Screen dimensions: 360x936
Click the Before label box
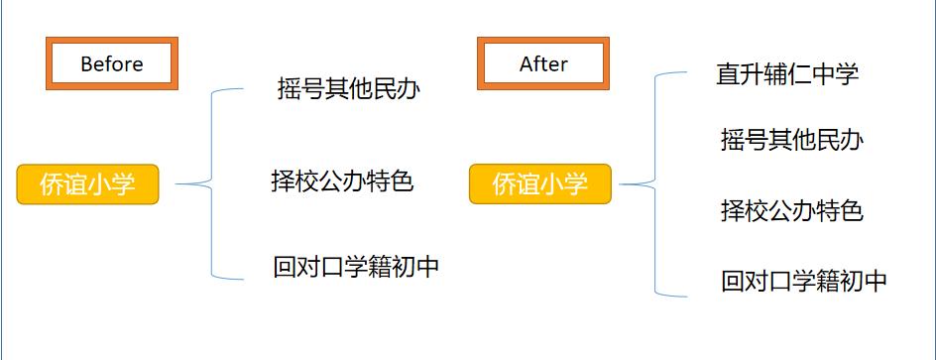(112, 63)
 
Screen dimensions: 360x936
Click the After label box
(543, 63)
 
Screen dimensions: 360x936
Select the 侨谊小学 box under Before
(87, 184)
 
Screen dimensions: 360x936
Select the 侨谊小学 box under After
(540, 184)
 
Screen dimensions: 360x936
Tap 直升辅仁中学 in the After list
(787, 73)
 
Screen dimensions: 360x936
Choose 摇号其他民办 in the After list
(791, 141)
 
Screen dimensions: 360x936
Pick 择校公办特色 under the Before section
(342, 180)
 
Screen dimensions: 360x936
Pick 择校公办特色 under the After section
(791, 210)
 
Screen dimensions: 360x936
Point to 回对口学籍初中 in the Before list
(356, 267)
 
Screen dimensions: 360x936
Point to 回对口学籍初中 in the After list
(804, 281)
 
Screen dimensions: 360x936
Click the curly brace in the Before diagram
(213, 183)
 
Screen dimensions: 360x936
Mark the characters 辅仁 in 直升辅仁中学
(787, 73)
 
